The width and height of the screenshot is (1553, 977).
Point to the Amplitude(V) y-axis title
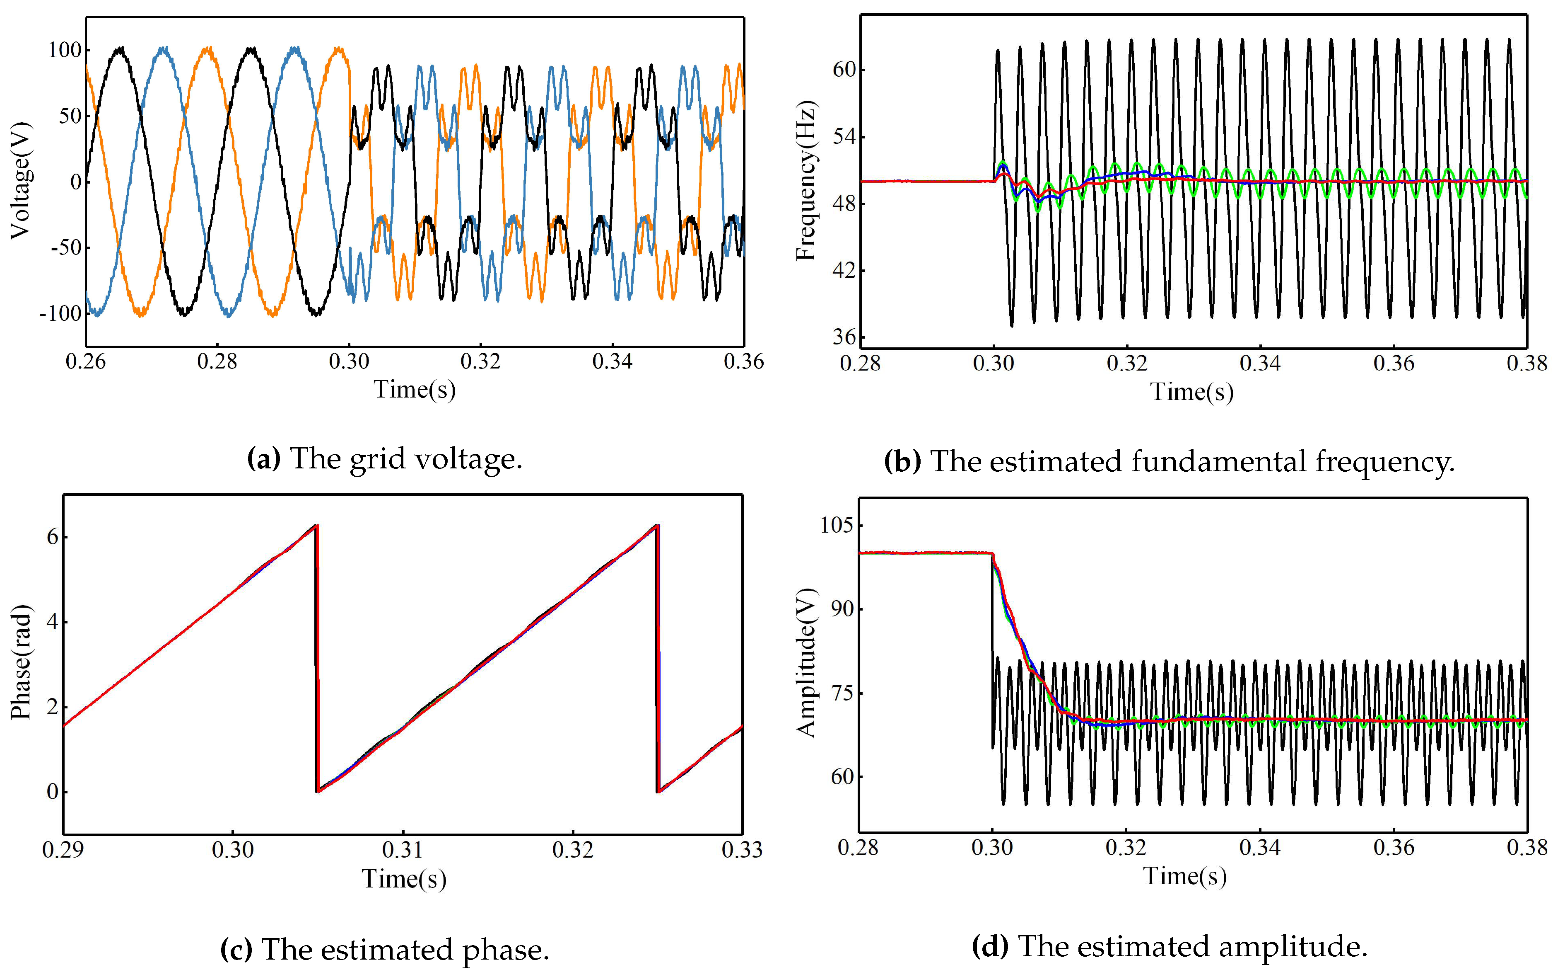[806, 663]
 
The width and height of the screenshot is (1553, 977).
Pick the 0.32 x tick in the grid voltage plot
[480, 361]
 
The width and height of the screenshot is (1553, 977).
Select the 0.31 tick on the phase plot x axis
[403, 849]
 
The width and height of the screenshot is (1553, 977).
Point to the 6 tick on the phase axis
[52, 537]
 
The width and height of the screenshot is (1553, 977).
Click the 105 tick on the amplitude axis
[837, 525]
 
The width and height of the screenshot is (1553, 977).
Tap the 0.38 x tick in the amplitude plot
[1526, 847]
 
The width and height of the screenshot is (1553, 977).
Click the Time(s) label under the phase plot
[404, 878]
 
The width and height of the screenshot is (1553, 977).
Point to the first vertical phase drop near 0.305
[317, 658]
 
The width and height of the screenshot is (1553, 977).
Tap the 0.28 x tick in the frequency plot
[860, 363]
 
